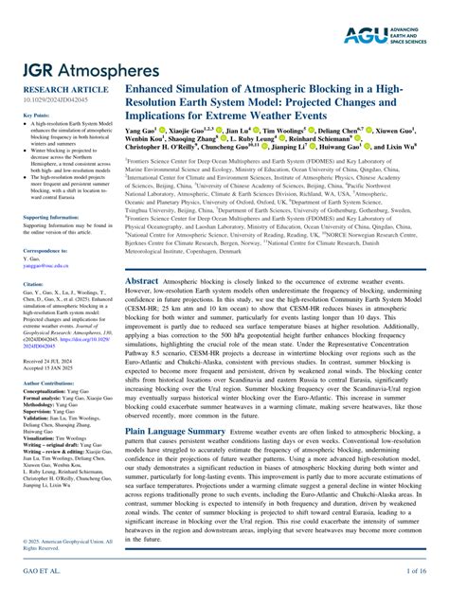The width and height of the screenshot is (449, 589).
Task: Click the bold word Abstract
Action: click(142, 255)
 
